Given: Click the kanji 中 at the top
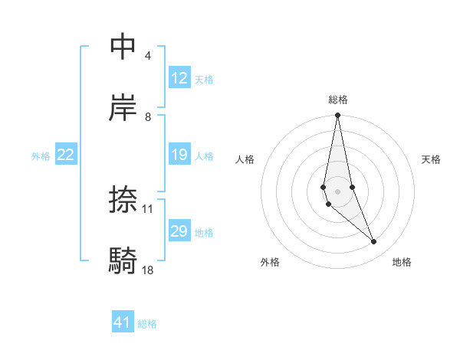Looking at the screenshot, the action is [123, 47].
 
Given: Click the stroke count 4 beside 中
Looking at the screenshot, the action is [147, 56].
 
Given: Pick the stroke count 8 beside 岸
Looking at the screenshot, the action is [147, 117].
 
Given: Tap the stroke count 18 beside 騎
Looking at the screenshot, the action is [148, 270].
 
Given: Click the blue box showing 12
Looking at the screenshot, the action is [179, 78].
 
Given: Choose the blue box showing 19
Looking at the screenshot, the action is [179, 155].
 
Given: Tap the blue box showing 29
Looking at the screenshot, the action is [179, 231].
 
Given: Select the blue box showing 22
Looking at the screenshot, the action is [66, 155].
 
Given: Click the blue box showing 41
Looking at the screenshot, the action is [123, 322].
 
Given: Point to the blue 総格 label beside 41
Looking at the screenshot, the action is [147, 324].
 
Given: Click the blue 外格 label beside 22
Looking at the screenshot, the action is [41, 156].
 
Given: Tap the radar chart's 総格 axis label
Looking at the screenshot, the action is [338, 100].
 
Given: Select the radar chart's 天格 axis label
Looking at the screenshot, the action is [432, 159].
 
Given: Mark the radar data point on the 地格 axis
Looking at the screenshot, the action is [374, 242].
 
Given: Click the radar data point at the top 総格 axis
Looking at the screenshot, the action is [337, 116].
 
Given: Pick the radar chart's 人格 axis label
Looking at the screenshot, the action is [245, 159].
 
